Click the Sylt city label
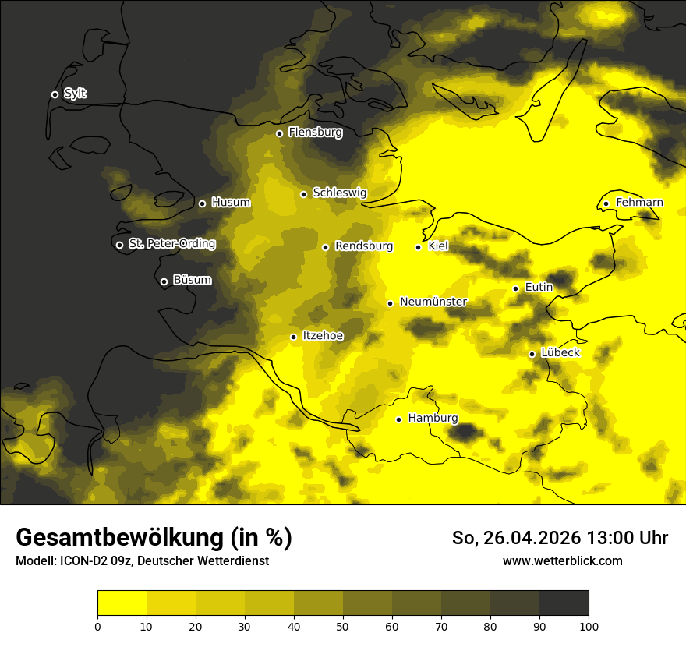[x=75, y=94]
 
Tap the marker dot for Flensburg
[x=279, y=133]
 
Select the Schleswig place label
[x=339, y=193]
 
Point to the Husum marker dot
[x=202, y=203]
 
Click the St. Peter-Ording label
[x=171, y=244]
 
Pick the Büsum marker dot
[x=164, y=282]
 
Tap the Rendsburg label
[x=363, y=246]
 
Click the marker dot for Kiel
[x=418, y=247]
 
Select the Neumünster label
[x=433, y=302]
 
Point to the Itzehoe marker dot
[x=293, y=337]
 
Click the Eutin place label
[x=539, y=288]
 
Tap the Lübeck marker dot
[x=532, y=354]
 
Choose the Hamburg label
[x=433, y=419]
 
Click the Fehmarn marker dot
[x=606, y=204]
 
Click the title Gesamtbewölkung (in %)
[x=154, y=538]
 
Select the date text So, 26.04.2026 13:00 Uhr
[x=560, y=538]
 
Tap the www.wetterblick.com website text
[x=562, y=561]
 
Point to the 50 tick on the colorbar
[x=343, y=625]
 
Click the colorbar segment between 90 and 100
[x=564, y=603]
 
